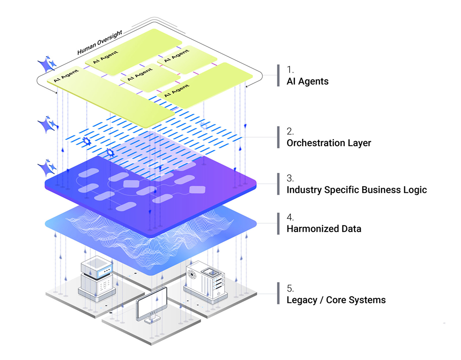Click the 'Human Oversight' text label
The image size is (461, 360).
[99, 43]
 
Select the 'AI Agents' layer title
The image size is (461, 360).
[307, 82]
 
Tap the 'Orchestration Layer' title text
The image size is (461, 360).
[328, 143]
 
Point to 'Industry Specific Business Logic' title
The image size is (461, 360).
[356, 190]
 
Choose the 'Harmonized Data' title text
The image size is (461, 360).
[324, 229]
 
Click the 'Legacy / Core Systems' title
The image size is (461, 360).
[336, 300]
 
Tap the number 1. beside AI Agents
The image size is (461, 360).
[290, 70]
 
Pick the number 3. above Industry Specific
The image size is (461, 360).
[290, 178]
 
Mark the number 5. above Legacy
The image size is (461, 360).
[290, 288]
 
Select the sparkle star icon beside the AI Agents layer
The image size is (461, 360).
[47, 64]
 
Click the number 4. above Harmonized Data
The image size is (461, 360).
[290, 217]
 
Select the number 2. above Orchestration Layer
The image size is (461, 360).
[290, 131]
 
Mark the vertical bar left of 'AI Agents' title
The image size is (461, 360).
[278, 75]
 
